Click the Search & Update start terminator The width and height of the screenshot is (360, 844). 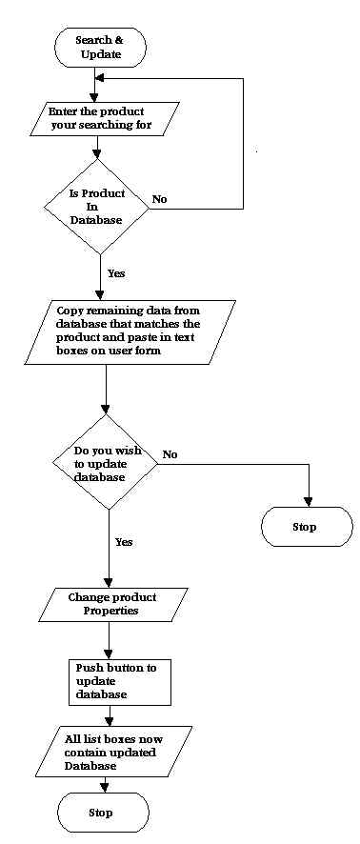coord(100,47)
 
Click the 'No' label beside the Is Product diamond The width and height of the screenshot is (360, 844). coord(159,199)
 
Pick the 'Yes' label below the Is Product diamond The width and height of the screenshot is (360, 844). coord(116,272)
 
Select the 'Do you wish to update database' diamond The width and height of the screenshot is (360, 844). coord(109,463)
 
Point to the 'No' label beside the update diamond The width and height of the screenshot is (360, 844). coord(170,454)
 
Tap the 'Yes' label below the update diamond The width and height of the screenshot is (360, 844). coord(124,541)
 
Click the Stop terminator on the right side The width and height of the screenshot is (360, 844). coord(307,526)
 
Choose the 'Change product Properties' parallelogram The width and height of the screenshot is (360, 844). coord(111,604)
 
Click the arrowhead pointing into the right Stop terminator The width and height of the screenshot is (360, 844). coord(307,501)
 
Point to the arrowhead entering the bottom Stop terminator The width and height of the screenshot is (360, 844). coord(103,788)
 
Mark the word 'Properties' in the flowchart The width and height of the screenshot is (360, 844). coord(112,611)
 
